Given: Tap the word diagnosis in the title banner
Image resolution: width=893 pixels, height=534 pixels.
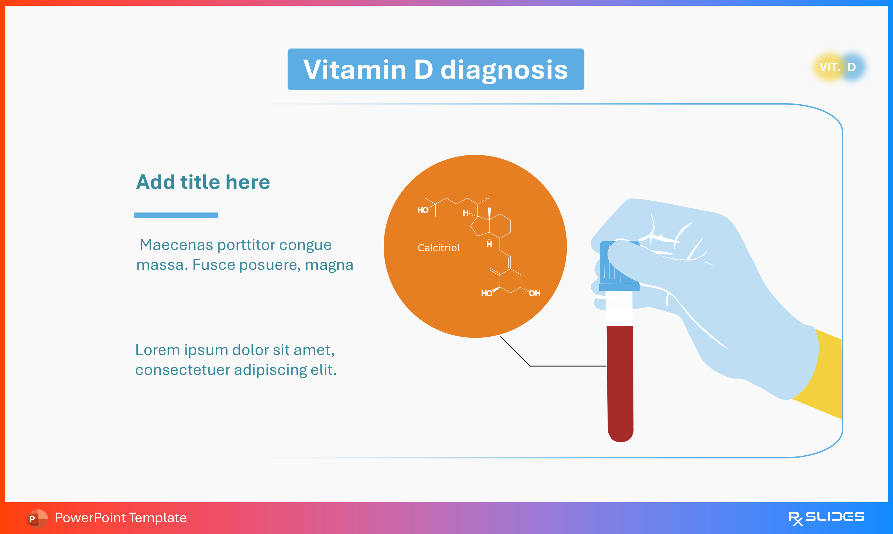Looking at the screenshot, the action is [x=504, y=70].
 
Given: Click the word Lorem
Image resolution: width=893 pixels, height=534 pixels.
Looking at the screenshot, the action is [x=157, y=350].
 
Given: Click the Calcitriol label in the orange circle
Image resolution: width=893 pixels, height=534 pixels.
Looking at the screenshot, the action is [x=438, y=248].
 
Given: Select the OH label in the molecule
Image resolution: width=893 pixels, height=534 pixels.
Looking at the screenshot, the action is [x=535, y=294].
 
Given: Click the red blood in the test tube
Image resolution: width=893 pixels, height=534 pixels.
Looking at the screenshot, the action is [x=620, y=381].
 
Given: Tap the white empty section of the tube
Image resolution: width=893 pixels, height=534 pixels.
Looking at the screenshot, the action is [x=619, y=308].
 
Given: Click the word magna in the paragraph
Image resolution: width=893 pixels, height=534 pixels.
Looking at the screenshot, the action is [x=329, y=265].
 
